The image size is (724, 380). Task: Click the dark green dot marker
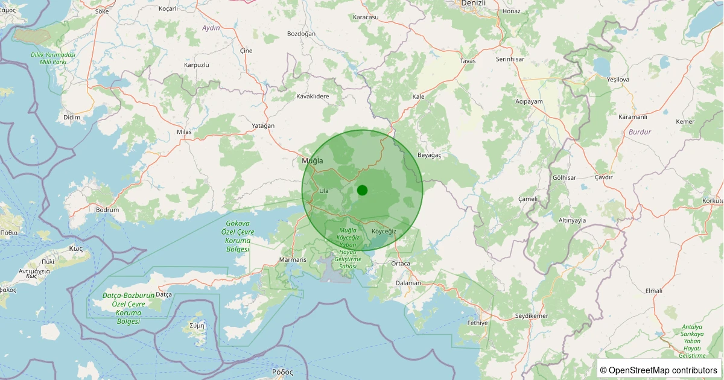[362, 190]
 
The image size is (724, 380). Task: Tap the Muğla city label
[313, 161]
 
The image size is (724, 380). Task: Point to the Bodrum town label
[107, 210]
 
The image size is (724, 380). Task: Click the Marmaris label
[293, 259]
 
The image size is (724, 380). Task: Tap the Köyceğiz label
[384, 232]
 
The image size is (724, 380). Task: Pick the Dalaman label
[408, 282]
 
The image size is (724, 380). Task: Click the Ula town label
[324, 191]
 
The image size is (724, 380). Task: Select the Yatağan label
[263, 125]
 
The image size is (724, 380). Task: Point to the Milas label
[184, 131]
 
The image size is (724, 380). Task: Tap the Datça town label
[164, 294]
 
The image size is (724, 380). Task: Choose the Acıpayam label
[529, 101]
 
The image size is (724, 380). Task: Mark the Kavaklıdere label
[313, 97]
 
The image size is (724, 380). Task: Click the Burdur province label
[640, 131]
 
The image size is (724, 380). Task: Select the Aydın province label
[211, 28]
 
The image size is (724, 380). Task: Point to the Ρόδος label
[282, 372]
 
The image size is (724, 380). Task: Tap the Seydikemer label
[532, 316]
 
